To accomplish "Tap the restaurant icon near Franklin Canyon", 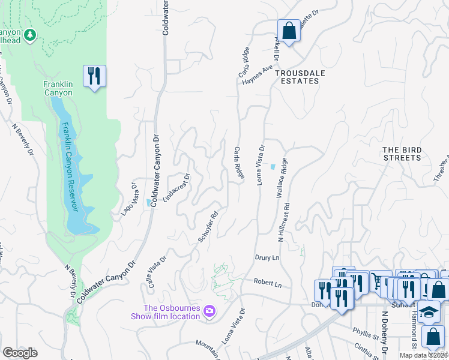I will click(x=94, y=76).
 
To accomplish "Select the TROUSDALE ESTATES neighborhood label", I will click(x=297, y=76).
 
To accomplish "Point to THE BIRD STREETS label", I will click(x=402, y=154).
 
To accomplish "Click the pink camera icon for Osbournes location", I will click(x=209, y=311).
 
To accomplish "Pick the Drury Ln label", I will click(x=268, y=257).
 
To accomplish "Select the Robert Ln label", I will click(x=267, y=282).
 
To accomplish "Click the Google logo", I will click(x=20, y=353).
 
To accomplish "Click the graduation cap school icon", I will click(x=429, y=311).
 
